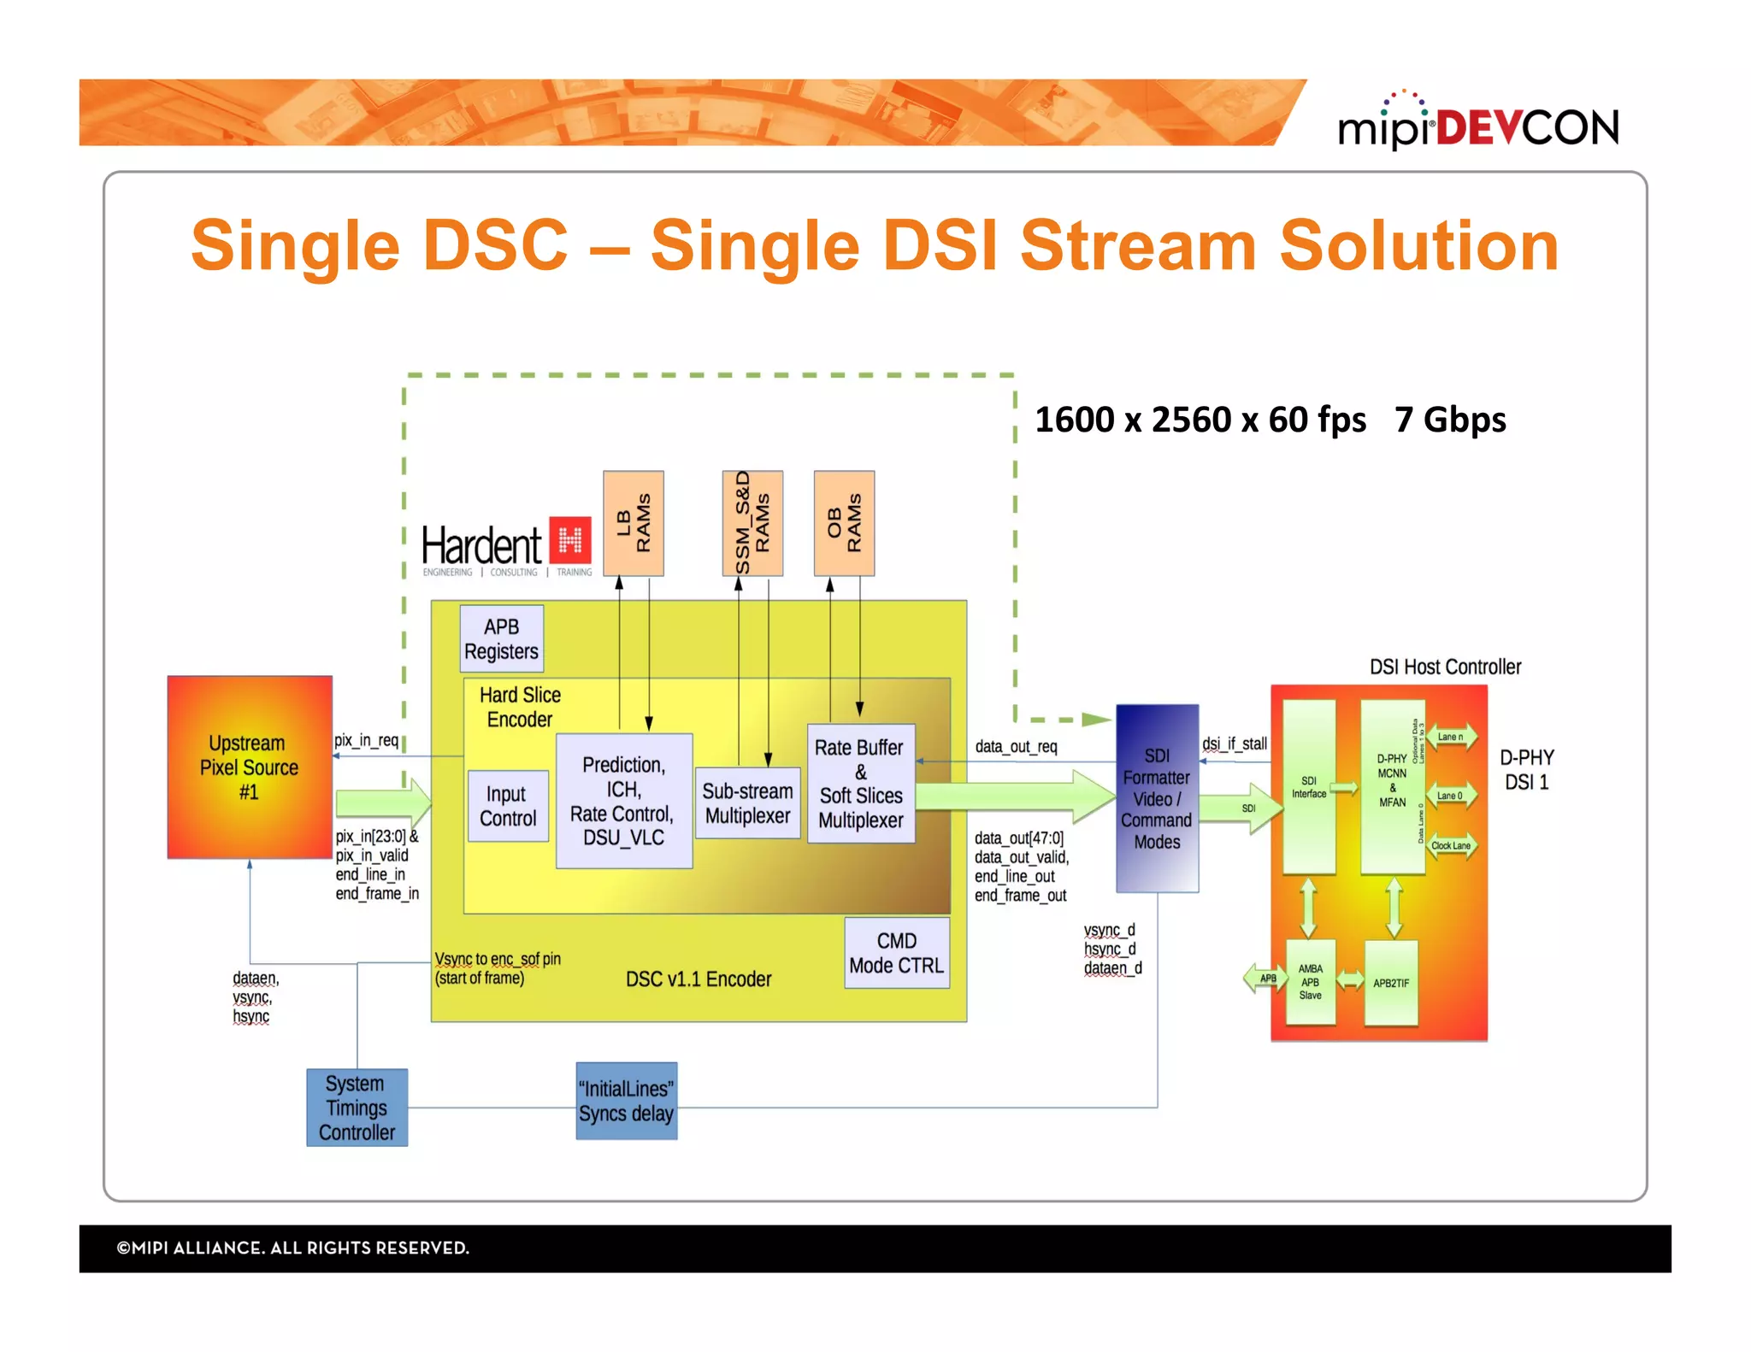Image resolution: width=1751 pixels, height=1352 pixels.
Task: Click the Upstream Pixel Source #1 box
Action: pos(249,767)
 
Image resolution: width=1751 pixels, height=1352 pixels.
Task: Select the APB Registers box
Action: pos(501,638)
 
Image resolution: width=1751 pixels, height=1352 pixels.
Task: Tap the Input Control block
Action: pos(508,806)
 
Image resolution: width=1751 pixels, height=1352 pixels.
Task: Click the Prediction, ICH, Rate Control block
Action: pos(623,801)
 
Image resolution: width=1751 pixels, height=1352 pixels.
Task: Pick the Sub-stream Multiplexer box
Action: pos(747,802)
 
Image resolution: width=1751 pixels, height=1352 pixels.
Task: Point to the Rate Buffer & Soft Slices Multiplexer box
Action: pos(860,784)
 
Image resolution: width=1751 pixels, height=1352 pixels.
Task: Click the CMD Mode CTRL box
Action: pos(896,953)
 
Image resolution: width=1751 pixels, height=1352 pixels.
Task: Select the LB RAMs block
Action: pos(633,523)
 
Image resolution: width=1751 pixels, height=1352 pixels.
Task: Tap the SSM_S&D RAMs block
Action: pos(752,523)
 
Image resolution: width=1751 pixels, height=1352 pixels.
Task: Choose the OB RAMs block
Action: pos(843,523)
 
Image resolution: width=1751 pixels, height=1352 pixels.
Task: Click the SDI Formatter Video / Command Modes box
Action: pos(1156,798)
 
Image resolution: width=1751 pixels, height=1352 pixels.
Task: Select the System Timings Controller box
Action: pos(357,1108)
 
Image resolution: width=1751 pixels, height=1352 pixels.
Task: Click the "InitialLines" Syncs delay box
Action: pos(626,1101)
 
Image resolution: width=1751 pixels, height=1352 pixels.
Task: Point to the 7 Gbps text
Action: pos(1450,420)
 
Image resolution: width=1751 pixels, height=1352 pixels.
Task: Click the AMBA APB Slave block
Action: pos(1310,982)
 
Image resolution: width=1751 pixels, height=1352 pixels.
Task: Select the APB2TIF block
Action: pos(1391,983)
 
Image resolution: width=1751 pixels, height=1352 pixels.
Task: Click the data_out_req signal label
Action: pos(1016,746)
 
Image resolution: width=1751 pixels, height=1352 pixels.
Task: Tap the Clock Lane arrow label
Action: pos(1451,845)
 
